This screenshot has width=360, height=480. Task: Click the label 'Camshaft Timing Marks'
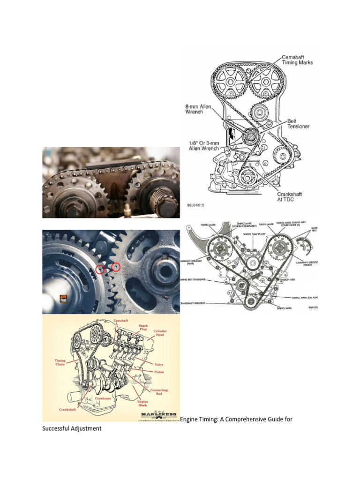coord(297,60)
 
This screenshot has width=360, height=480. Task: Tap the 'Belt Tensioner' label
coord(298,124)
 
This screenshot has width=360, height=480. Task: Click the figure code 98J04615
coord(195,205)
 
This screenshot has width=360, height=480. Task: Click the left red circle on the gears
coord(100,270)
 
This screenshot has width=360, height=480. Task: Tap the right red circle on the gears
coord(115,267)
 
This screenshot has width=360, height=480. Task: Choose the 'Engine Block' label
coord(143,404)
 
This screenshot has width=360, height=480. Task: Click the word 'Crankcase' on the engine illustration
coord(103,398)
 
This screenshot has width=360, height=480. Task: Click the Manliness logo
coord(159,415)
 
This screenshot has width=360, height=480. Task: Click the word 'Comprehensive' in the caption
coord(244,419)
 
